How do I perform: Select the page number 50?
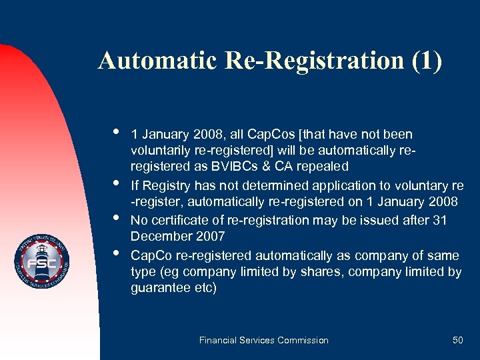pos(457,340)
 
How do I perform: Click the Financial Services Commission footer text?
pos(264,340)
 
